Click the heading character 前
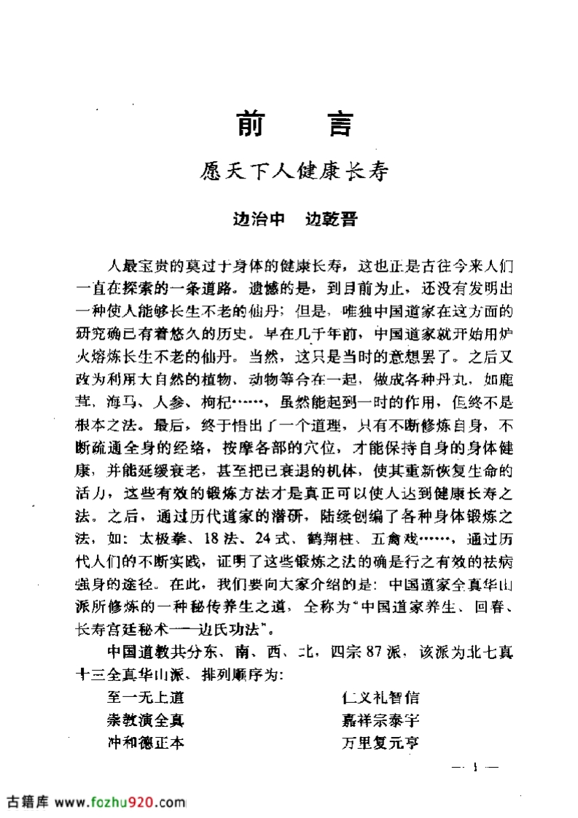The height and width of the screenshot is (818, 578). tap(252, 125)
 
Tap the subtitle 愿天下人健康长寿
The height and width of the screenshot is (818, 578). tap(294, 174)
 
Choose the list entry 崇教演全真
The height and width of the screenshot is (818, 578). tap(144, 721)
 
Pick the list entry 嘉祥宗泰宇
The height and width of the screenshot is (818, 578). tap(380, 721)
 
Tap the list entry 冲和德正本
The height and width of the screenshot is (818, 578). tap(144, 744)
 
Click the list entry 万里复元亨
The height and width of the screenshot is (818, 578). tap(380, 744)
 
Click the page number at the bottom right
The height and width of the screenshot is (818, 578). tap(475, 767)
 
